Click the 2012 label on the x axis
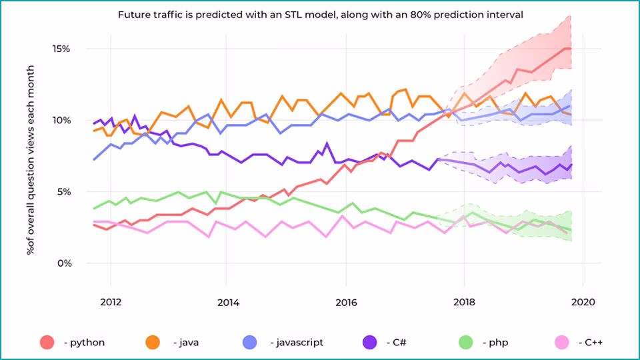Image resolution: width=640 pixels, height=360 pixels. click(110, 302)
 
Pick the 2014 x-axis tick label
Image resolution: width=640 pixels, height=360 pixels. click(228, 302)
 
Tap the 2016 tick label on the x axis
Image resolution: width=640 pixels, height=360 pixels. click(347, 302)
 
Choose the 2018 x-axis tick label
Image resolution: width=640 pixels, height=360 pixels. click(465, 302)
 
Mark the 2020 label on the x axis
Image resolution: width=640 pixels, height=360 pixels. click(583, 302)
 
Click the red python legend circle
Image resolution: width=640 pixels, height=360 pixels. click(47, 342)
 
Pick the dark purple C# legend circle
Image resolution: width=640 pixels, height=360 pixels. click(369, 342)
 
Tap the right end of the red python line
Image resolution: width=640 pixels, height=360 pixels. click(571, 49)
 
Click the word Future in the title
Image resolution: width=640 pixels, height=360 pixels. click(133, 14)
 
